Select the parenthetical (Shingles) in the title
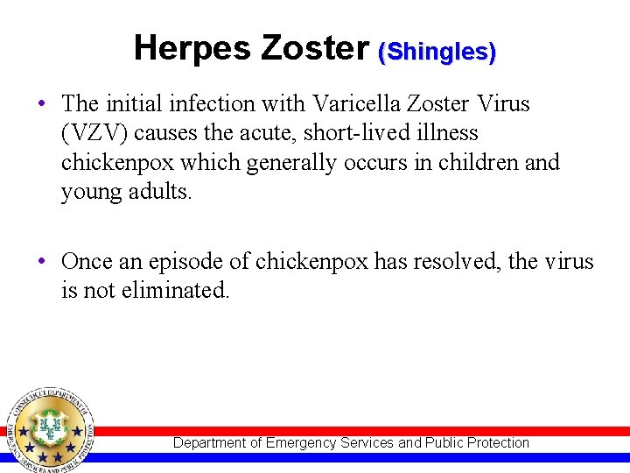click(437, 52)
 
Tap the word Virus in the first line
click(503, 103)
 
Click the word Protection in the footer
click(498, 443)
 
